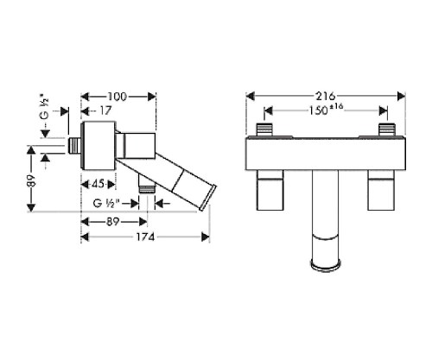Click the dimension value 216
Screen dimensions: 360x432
[x=327, y=95]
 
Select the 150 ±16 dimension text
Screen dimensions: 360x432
[x=326, y=111]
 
